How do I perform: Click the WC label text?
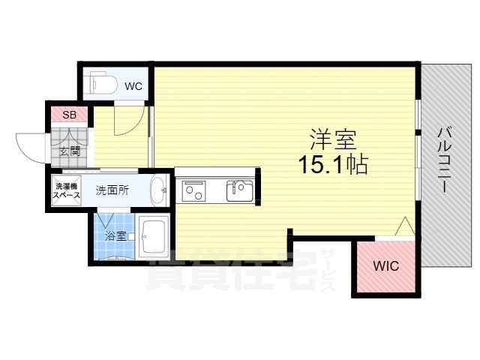pyautogui.click(x=133, y=86)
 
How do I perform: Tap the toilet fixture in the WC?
pyautogui.click(x=102, y=82)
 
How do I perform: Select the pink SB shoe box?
pyautogui.click(x=69, y=114)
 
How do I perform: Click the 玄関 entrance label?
pyautogui.click(x=70, y=151)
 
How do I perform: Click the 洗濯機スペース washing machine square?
pyautogui.click(x=67, y=190)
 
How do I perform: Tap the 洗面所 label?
pyautogui.click(x=112, y=190)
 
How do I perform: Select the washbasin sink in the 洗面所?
pyautogui.click(x=158, y=190)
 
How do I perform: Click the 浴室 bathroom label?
pyautogui.click(x=115, y=236)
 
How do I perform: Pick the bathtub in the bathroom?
pyautogui.click(x=153, y=236)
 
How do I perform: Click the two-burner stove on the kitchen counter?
pyautogui.click(x=193, y=190)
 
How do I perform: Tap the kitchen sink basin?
pyautogui.click(x=240, y=190)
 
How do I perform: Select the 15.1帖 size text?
pyautogui.click(x=333, y=164)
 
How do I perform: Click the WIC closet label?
pyautogui.click(x=386, y=265)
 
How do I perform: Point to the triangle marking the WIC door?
pyautogui.click(x=405, y=226)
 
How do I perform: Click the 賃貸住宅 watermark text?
pyautogui.click(x=232, y=270)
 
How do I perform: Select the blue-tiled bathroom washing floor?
pyautogui.click(x=114, y=236)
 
